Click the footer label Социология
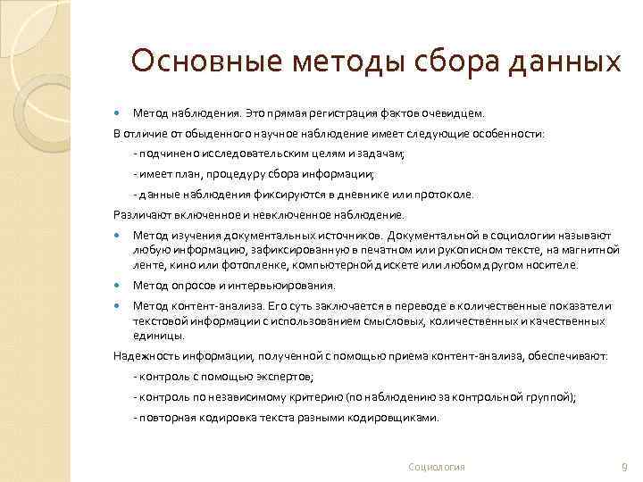pos(436,467)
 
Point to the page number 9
pos(623,467)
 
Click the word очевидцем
pos(457,114)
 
